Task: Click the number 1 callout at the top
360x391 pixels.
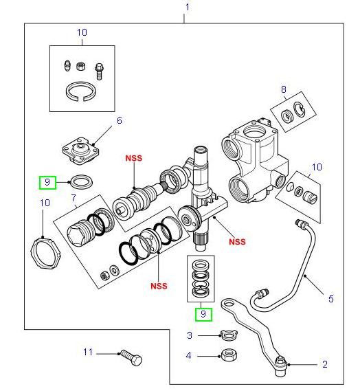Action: click(x=185, y=8)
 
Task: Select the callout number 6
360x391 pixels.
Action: click(x=119, y=120)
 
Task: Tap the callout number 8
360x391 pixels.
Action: click(x=282, y=89)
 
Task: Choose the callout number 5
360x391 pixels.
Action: click(x=330, y=299)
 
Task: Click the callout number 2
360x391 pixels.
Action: click(x=324, y=364)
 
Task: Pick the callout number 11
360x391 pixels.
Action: click(x=87, y=353)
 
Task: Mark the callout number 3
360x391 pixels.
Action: click(x=190, y=335)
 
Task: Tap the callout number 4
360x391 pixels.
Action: click(x=190, y=356)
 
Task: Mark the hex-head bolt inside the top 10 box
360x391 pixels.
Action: click(x=100, y=68)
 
